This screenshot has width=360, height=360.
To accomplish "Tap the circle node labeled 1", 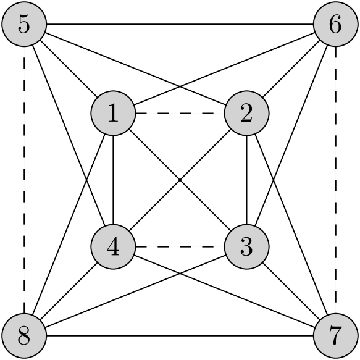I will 113,114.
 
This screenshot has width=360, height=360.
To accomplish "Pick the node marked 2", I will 246,114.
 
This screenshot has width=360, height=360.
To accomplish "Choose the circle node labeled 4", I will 113,247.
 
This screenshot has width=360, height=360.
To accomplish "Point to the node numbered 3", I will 246,247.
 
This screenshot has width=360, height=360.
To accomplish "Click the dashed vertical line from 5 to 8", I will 24,179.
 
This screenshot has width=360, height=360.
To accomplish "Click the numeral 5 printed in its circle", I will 24,25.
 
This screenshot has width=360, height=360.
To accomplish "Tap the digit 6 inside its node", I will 335,25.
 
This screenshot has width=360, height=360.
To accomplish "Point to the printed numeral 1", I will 113,114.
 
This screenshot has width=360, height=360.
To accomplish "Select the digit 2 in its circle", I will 246,114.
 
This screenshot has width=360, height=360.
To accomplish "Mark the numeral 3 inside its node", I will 246,247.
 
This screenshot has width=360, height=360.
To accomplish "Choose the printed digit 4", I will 113,247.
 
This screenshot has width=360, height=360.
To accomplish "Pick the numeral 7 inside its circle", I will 335,336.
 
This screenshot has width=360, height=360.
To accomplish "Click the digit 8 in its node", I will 24,336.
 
